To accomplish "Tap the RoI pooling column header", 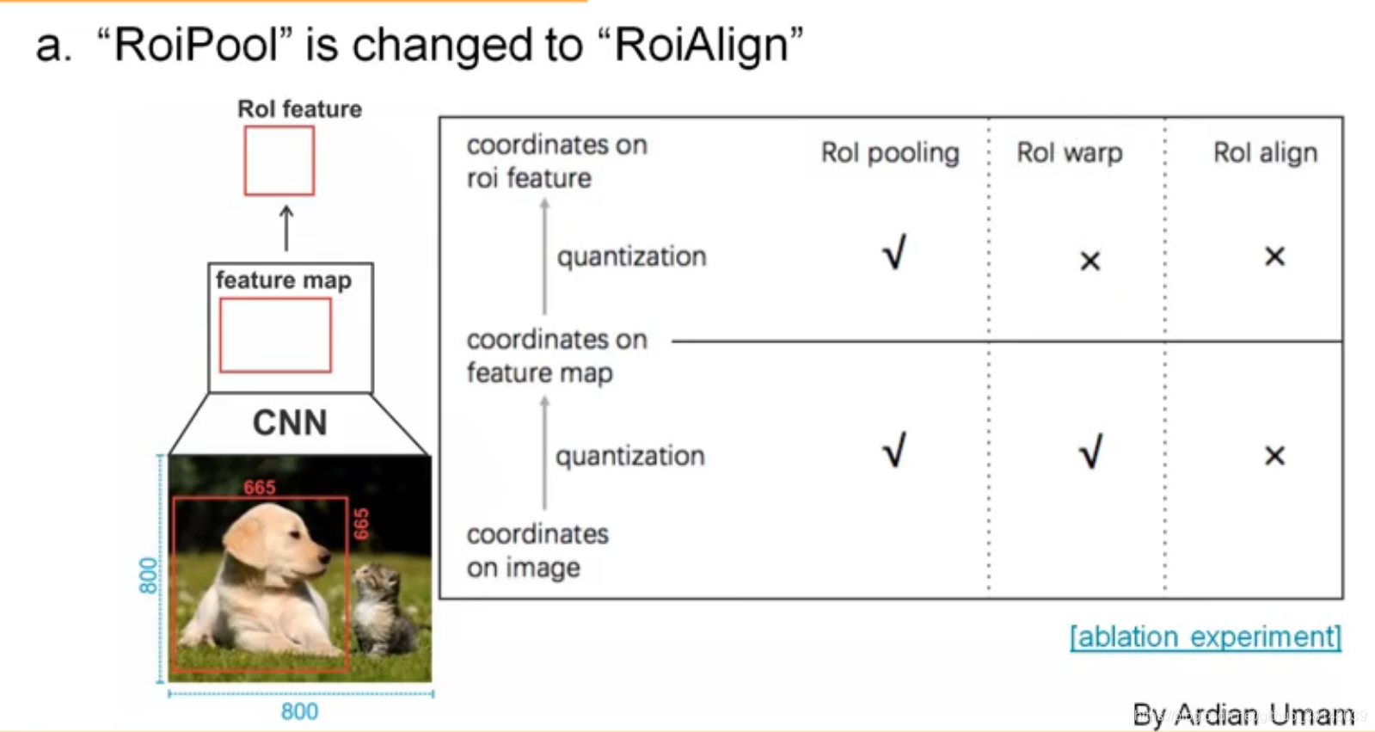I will pyautogui.click(x=889, y=152).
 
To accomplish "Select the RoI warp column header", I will pyautogui.click(x=1069, y=152).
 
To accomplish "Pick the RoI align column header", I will pyautogui.click(x=1264, y=152).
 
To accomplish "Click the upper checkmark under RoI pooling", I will pyautogui.click(x=894, y=253).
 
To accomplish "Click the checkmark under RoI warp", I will pyautogui.click(x=1090, y=452).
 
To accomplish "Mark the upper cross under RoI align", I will pyautogui.click(x=1274, y=256).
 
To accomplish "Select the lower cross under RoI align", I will pyautogui.click(x=1274, y=455).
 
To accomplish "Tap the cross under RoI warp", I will pyautogui.click(x=1090, y=261).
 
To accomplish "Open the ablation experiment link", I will pyautogui.click(x=1205, y=637).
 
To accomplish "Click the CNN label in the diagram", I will pyautogui.click(x=290, y=423).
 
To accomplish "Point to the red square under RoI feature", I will pyautogui.click(x=279, y=161).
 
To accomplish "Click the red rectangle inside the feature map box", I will pyautogui.click(x=275, y=335).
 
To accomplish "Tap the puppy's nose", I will pyautogui.click(x=325, y=558).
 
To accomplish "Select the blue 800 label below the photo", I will pyautogui.click(x=299, y=711).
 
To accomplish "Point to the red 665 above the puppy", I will pyautogui.click(x=259, y=488).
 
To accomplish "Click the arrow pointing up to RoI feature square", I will pyautogui.click(x=286, y=228).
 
